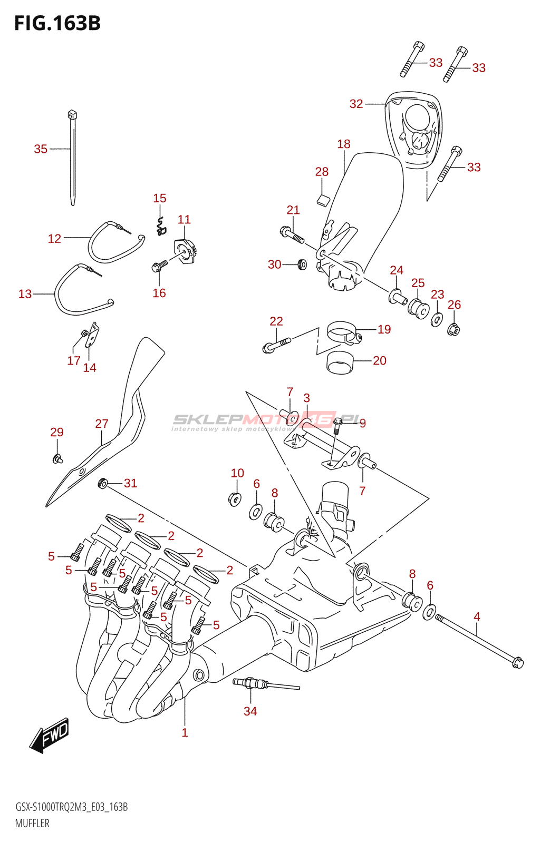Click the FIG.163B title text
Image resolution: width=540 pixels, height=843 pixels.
click(57, 24)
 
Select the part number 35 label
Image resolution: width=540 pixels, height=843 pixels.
click(41, 149)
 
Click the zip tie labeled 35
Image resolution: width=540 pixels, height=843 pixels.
click(72, 158)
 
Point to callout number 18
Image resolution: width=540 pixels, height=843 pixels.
click(344, 144)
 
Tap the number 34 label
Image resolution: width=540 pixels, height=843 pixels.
click(250, 711)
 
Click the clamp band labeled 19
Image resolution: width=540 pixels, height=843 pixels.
click(343, 333)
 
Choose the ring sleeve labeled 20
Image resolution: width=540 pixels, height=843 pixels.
click(340, 362)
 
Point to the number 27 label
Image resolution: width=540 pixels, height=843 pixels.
click(102, 424)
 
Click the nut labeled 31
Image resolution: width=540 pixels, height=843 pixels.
click(103, 483)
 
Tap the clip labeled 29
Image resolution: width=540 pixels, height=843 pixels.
click(57, 458)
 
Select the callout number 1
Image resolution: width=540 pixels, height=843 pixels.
click(185, 732)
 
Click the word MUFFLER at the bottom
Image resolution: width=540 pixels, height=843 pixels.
click(32, 824)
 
